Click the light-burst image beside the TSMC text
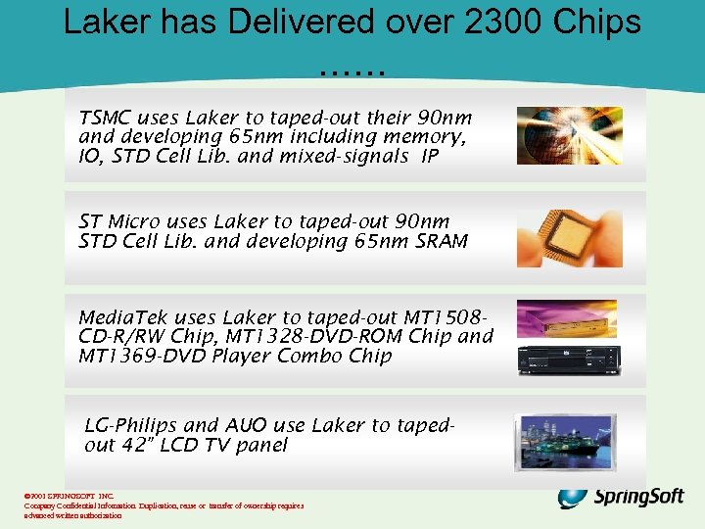(570, 135)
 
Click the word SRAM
(442, 241)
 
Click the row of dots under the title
(352, 71)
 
